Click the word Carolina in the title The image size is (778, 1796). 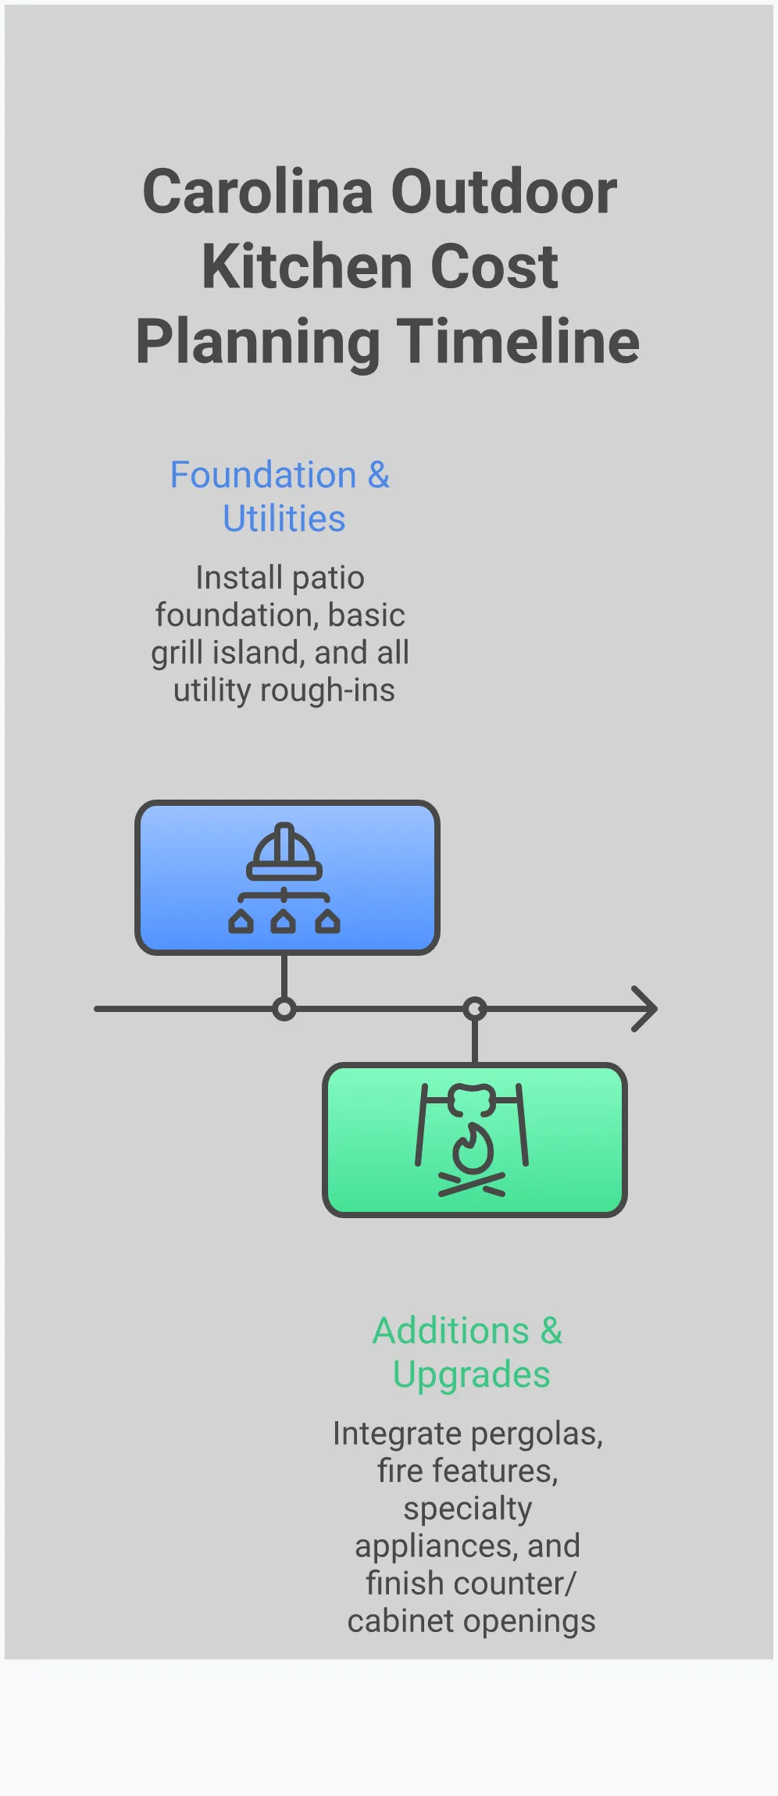click(258, 192)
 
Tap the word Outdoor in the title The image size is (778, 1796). click(504, 192)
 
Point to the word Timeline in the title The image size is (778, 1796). click(519, 342)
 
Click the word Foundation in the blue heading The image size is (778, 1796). click(263, 476)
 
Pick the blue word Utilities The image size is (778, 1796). click(284, 519)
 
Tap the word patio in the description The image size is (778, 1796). click(328, 579)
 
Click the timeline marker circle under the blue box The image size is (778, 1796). click(284, 1009)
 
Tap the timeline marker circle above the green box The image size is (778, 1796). click(475, 1009)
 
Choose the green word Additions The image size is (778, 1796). click(451, 1331)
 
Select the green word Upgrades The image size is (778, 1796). click(471, 1375)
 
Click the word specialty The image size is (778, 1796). click(468, 1509)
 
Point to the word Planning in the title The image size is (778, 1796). click(258, 342)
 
